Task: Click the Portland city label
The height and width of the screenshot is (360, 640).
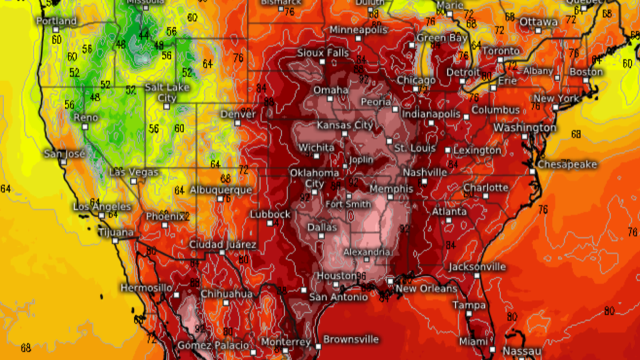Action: coord(57,21)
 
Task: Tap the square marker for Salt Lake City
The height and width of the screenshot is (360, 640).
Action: coord(167,106)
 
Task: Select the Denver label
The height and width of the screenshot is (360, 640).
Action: coord(237,114)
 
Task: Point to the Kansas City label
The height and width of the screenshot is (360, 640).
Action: coord(345,125)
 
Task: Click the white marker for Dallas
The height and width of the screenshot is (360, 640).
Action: coord(321,236)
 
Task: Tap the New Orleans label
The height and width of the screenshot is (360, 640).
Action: coord(426,289)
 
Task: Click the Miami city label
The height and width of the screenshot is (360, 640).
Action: coord(473,341)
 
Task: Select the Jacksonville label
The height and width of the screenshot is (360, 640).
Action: coord(477,267)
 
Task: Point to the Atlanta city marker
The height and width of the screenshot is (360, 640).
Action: coord(449,220)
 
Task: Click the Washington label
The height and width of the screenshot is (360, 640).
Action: coord(524,127)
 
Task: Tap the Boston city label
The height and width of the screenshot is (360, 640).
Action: coord(586,72)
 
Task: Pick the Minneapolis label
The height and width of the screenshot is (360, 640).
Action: coord(358,30)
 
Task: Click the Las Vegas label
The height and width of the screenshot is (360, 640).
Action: coord(134,172)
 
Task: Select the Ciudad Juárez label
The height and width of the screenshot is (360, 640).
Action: coord(221,244)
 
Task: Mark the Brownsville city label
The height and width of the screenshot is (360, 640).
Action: coord(352,339)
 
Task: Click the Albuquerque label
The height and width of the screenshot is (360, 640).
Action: coord(221,190)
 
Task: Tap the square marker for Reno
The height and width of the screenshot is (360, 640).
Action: coord(85,127)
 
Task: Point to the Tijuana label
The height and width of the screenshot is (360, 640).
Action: coord(116,232)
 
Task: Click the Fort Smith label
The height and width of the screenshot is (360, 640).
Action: coord(348,204)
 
